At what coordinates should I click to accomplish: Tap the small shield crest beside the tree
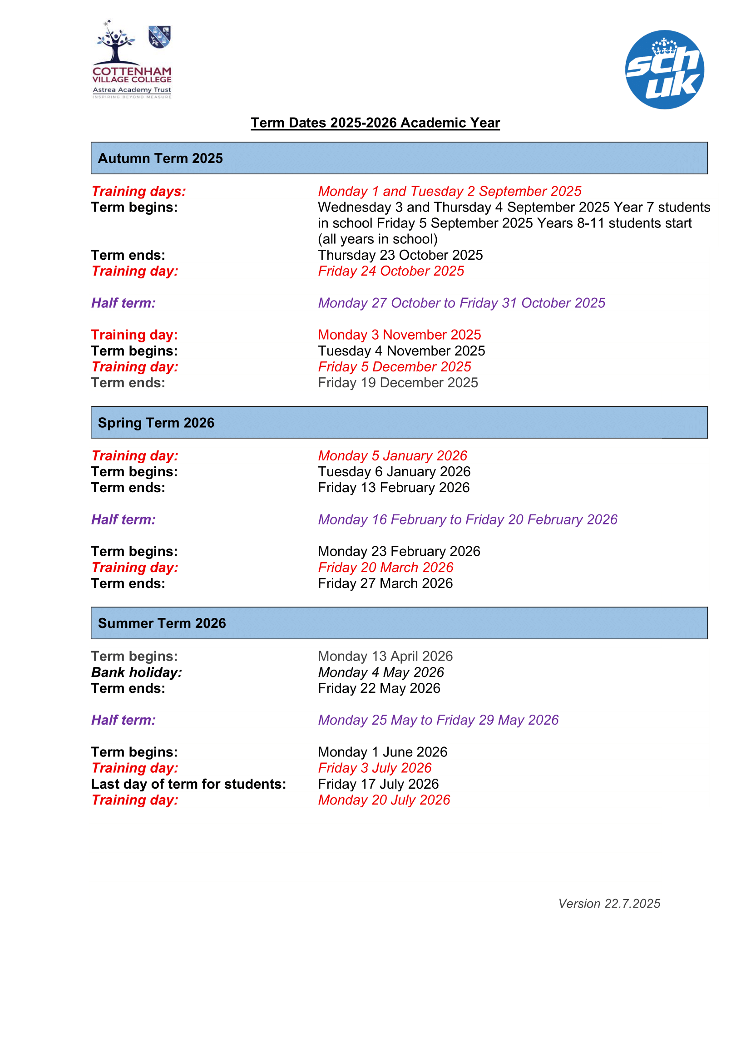[159, 37]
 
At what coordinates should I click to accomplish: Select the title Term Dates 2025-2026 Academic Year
[375, 123]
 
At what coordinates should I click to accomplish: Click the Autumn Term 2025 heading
[160, 158]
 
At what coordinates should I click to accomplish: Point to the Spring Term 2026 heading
[156, 423]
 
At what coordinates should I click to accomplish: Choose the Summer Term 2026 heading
[162, 623]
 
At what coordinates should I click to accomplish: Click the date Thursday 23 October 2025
[400, 255]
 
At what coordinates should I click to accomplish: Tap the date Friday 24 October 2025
[391, 271]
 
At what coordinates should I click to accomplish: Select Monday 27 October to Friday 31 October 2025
[461, 303]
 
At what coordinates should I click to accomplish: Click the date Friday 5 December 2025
[394, 367]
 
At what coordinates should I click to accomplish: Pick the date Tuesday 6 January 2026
[394, 472]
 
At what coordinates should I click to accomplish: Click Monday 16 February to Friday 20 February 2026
[467, 520]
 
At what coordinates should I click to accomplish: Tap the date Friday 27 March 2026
[385, 584]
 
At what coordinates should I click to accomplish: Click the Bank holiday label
[136, 672]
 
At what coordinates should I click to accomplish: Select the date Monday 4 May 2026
[380, 672]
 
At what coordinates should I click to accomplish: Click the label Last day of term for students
[188, 785]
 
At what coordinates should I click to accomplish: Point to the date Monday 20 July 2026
[384, 800]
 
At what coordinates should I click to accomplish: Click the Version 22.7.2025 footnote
[609, 904]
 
